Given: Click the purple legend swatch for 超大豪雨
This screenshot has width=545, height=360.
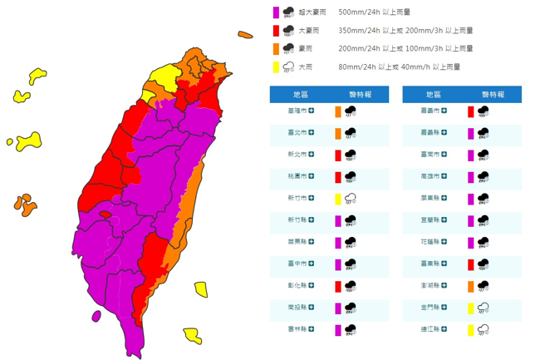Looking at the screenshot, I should [x=275, y=12].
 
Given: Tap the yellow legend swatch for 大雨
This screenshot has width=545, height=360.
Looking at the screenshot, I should [x=275, y=67].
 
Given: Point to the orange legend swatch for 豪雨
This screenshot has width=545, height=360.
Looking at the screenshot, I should [x=275, y=48].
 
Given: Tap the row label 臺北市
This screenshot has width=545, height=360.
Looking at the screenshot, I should [x=296, y=132].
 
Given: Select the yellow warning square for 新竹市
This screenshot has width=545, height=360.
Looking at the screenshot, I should [x=338, y=199].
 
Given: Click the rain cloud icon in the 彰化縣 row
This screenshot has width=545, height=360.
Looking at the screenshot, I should [x=351, y=286].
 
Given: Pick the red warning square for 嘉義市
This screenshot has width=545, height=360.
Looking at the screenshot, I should [x=470, y=111].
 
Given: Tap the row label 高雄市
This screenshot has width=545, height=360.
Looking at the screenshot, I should [x=428, y=176].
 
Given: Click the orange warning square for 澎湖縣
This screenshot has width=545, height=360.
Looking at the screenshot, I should [x=470, y=286].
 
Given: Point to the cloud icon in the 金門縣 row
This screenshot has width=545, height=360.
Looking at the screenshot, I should [x=483, y=308].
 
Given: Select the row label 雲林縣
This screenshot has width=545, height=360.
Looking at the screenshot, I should [x=296, y=330].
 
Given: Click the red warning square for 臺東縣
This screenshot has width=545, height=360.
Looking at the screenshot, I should [x=470, y=264].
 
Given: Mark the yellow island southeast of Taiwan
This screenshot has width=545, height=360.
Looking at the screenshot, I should [x=193, y=335].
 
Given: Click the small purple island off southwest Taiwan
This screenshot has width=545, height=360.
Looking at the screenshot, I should [x=96, y=316].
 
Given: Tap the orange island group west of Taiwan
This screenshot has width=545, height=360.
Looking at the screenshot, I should [x=24, y=204].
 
